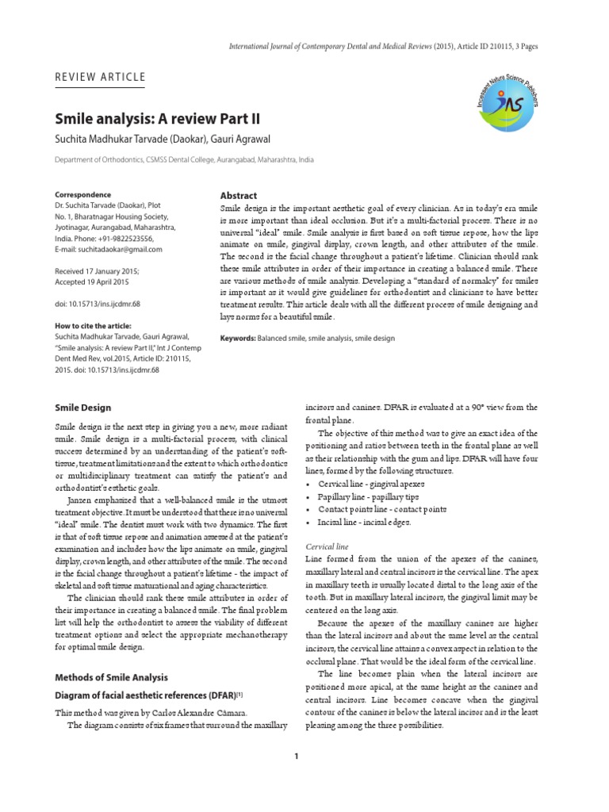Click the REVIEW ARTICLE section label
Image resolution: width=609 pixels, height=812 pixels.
coord(100,77)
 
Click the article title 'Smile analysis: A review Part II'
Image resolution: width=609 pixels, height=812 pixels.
coord(157,121)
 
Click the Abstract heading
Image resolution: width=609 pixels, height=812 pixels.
coord(238,195)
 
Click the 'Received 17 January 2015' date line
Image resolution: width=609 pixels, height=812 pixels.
coord(97,270)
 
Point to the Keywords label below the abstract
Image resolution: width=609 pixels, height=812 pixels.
coord(237,339)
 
